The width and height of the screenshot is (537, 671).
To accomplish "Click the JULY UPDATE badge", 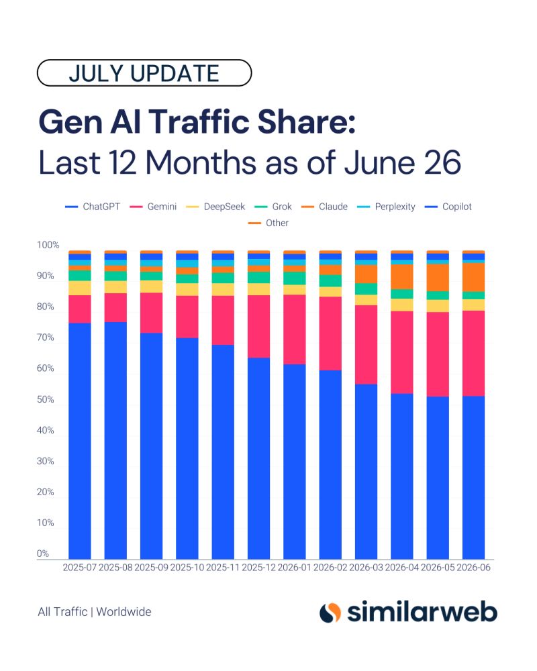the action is click(144, 72).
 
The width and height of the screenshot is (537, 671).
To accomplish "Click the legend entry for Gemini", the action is click(153, 207).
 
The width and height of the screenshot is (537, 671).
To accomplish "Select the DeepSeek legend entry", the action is click(215, 207).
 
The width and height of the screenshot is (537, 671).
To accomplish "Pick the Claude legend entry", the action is click(324, 207).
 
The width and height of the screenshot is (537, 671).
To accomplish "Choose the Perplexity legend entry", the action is click(386, 207).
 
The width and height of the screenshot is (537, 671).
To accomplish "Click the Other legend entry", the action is click(268, 223).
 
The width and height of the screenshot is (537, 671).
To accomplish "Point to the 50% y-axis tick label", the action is click(46, 399).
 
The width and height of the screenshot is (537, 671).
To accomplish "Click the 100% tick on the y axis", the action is click(48, 245).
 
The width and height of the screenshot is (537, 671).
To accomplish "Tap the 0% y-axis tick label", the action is click(43, 554).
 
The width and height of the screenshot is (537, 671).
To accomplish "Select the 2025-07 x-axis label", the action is click(80, 568).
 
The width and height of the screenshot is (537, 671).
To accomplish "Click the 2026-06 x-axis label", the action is click(474, 568).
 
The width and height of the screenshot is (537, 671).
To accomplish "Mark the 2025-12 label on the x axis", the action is click(258, 568).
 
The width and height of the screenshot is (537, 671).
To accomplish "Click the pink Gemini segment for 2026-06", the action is click(474, 354).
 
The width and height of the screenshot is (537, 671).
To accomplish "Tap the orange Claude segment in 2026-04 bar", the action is click(402, 276).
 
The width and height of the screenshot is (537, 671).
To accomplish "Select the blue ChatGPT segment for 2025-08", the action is click(115, 440).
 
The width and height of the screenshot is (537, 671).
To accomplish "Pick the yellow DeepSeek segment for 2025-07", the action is click(80, 288).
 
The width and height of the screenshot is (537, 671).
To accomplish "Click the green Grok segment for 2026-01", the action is click(295, 278).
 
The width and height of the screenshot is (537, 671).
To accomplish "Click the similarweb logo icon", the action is click(330, 613).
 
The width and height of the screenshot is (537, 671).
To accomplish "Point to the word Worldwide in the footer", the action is click(124, 612).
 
